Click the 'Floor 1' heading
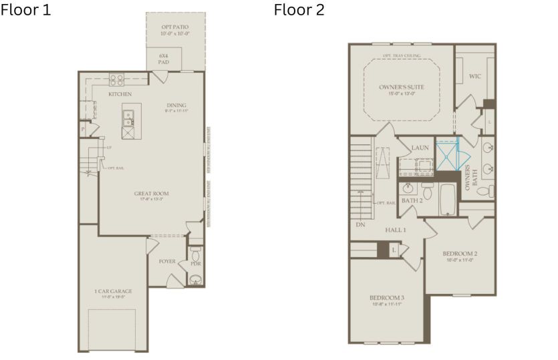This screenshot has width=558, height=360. (25, 10)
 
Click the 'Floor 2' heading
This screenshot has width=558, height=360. (299, 10)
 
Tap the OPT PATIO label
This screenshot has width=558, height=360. (174, 27)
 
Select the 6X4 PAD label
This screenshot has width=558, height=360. (164, 59)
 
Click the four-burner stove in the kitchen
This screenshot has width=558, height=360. (116, 79)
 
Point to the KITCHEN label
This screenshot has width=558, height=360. (120, 94)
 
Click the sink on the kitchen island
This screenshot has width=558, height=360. (128, 119)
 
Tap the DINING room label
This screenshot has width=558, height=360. (176, 105)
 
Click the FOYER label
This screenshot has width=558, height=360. (166, 261)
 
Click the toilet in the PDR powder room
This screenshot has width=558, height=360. (196, 254)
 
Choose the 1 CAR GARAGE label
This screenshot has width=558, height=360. (113, 291)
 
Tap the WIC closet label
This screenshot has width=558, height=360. (475, 76)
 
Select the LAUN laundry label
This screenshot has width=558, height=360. (420, 148)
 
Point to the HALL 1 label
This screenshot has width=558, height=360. (396, 229)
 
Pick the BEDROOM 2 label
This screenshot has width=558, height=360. (460, 254)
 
